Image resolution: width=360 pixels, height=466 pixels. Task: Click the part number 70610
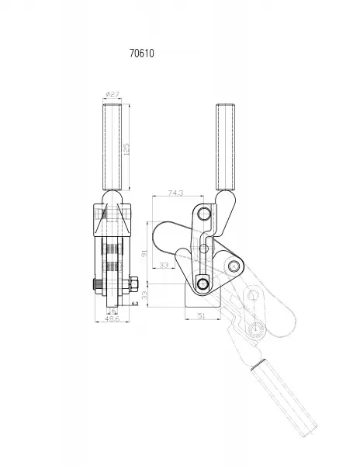[x=142, y=53]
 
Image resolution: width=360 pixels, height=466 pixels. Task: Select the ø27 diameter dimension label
[x=112, y=94]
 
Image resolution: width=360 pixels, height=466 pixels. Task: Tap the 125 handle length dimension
[x=126, y=148]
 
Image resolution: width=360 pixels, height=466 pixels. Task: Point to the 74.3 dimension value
[x=175, y=193]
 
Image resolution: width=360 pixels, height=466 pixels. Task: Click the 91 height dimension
[x=144, y=253]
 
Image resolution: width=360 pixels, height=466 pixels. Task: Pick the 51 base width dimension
[x=202, y=315]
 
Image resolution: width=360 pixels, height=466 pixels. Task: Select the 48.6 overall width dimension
[x=112, y=318]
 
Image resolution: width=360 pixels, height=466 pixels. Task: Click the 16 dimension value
[x=112, y=311]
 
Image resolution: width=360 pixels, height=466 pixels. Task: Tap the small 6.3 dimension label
[x=135, y=304]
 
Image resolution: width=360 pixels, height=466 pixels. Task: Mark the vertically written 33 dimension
[x=144, y=295]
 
